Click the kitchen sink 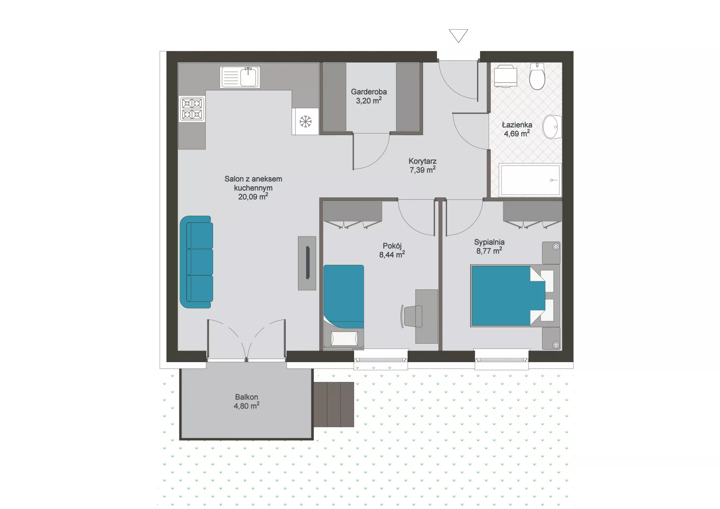click(240, 77)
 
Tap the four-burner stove click(192, 109)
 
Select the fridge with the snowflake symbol click(306, 121)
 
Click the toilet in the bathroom click(537, 76)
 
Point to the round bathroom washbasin click(552, 127)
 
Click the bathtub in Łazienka click(530, 180)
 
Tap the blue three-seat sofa click(196, 262)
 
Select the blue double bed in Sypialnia click(508, 296)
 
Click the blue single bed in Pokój click(343, 296)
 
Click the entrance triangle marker click(458, 36)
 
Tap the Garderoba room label click(369, 92)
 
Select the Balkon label click(246, 397)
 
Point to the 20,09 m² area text click(253, 196)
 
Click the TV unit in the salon click(307, 263)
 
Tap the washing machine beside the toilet click(505, 76)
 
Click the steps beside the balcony click(334, 404)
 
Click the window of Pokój click(381, 359)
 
